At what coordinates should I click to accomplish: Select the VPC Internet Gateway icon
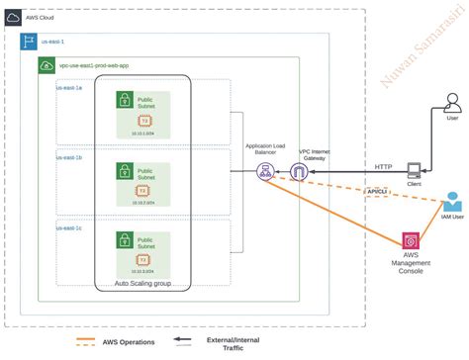pyautogui.click(x=298, y=172)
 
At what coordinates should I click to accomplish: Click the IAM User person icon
pyautogui.click(x=452, y=201)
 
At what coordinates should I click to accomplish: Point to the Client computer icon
pyautogui.click(x=416, y=172)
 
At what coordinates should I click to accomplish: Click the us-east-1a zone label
pyautogui.click(x=69, y=87)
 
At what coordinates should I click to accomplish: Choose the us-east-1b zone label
pyautogui.click(x=69, y=156)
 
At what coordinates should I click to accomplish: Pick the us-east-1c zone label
pyautogui.click(x=69, y=226)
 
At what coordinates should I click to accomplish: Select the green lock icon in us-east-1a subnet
pyautogui.click(x=126, y=99)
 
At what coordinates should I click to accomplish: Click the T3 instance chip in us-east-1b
pyautogui.click(x=143, y=190)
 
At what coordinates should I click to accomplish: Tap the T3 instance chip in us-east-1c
pyautogui.click(x=143, y=259)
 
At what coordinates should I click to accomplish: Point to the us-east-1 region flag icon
pyautogui.click(x=30, y=43)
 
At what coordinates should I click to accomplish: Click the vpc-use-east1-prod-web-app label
pyautogui.click(x=93, y=65)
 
